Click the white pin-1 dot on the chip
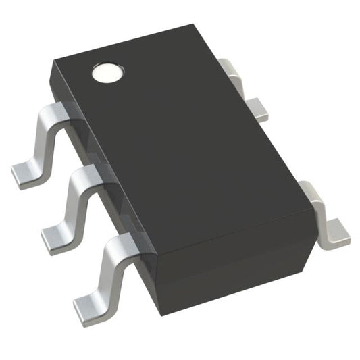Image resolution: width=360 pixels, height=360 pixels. click(108, 72)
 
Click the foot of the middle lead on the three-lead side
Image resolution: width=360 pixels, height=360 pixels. click(55, 237)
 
